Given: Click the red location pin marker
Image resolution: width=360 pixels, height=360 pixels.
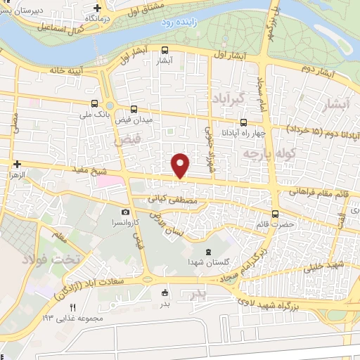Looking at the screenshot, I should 181,165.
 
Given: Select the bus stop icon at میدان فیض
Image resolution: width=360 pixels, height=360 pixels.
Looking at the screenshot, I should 134,109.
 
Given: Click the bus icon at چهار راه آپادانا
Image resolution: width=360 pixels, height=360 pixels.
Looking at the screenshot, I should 243,122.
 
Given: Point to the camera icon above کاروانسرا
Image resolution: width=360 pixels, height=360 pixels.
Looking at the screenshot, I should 125,212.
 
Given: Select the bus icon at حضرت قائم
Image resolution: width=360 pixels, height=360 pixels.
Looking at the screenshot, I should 275,214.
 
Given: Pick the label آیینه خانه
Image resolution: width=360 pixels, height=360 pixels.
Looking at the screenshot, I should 66,70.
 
